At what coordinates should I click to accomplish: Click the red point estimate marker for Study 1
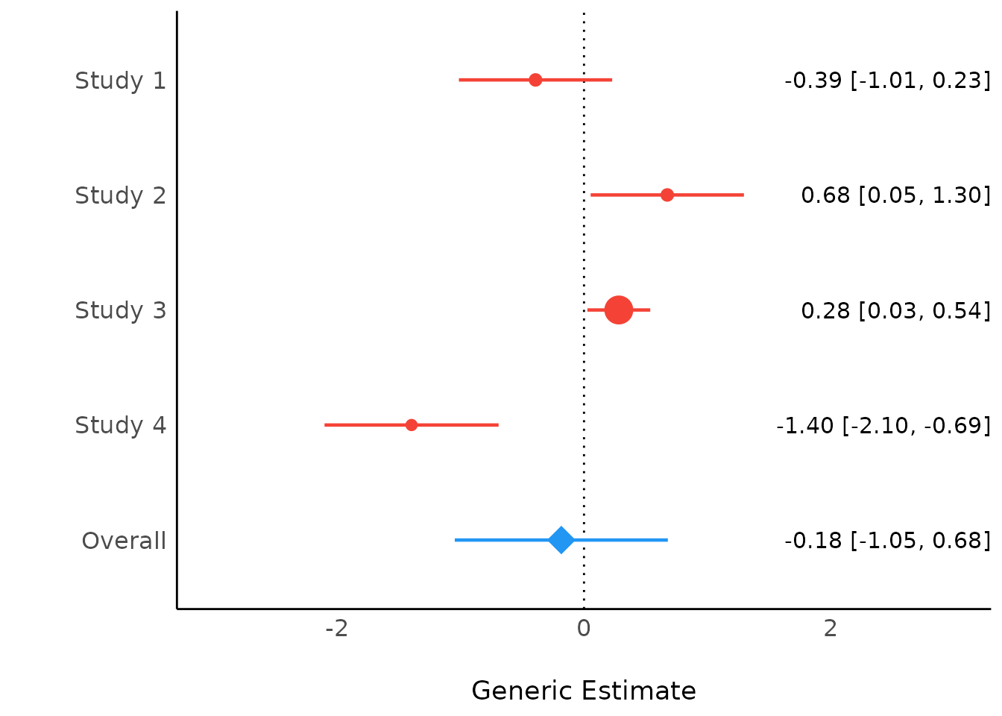point(535,80)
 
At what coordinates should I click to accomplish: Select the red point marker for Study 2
point(667,195)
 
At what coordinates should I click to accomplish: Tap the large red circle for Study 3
point(619,310)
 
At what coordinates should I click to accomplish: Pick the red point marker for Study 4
point(412,425)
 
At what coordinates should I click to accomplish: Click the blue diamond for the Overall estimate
point(561,539)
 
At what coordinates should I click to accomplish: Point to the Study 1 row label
point(120,81)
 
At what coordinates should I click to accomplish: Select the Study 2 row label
point(120,195)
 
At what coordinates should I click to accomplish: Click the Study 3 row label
point(120,310)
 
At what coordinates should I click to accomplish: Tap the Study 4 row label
point(120,425)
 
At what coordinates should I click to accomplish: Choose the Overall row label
point(124,541)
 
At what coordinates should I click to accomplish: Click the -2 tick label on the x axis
point(337,629)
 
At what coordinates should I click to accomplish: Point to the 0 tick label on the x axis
point(584,629)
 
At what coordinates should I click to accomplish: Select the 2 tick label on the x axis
point(831,629)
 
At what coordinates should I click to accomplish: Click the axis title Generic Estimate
point(584,691)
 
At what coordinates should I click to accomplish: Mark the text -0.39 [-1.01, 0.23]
point(887,81)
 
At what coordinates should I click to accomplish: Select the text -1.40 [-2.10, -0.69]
point(883,425)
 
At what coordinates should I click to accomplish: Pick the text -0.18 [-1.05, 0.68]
point(887,540)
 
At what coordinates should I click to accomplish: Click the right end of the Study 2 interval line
point(743,195)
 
